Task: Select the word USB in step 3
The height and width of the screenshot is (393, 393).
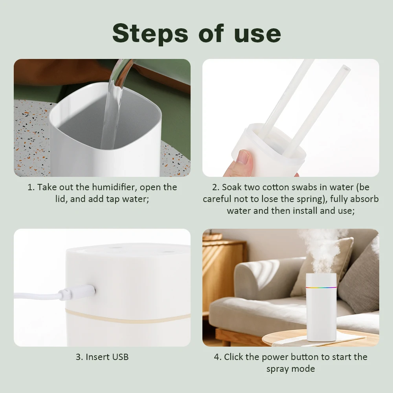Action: coord(120,357)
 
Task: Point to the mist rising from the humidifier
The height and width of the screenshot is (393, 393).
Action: coord(320,248)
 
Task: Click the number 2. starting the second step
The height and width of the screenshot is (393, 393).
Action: coord(215,187)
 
